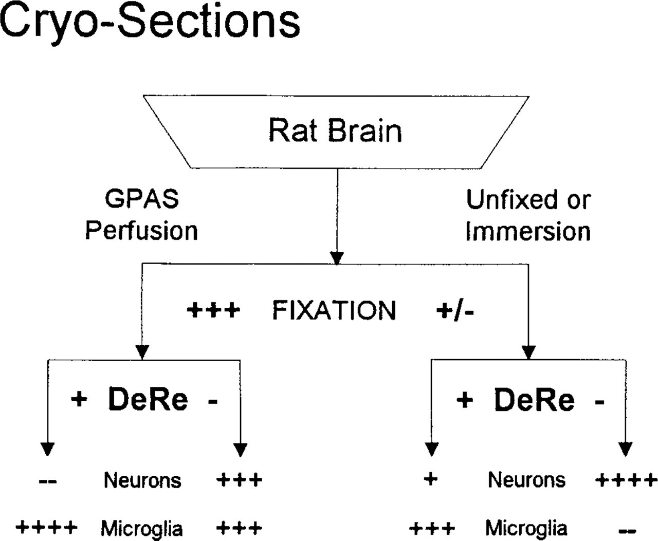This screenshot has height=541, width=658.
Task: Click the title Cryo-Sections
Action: click(150, 22)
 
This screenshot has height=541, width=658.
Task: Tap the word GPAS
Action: click(142, 199)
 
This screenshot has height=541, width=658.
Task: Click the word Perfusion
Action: click(141, 231)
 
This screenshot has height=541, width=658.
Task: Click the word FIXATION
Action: click(334, 310)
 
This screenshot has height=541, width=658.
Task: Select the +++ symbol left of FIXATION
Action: click(213, 310)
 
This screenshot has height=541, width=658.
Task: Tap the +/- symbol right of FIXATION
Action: click(455, 311)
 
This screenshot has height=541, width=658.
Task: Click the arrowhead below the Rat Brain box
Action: click(337, 258)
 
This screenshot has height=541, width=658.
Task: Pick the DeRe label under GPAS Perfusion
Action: click(148, 399)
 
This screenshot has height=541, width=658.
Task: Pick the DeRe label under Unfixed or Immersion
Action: click(534, 400)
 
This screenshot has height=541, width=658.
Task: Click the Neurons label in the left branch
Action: click(142, 480)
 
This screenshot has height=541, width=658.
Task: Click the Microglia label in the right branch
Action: click(526, 528)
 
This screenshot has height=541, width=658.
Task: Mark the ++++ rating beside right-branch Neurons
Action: click(626, 480)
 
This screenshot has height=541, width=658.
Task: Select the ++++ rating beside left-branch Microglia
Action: click(46, 528)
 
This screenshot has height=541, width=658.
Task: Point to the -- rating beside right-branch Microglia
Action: click(627, 530)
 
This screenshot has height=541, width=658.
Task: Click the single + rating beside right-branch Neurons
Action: click(431, 479)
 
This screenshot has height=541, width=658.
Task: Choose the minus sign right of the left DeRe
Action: click(213, 401)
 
